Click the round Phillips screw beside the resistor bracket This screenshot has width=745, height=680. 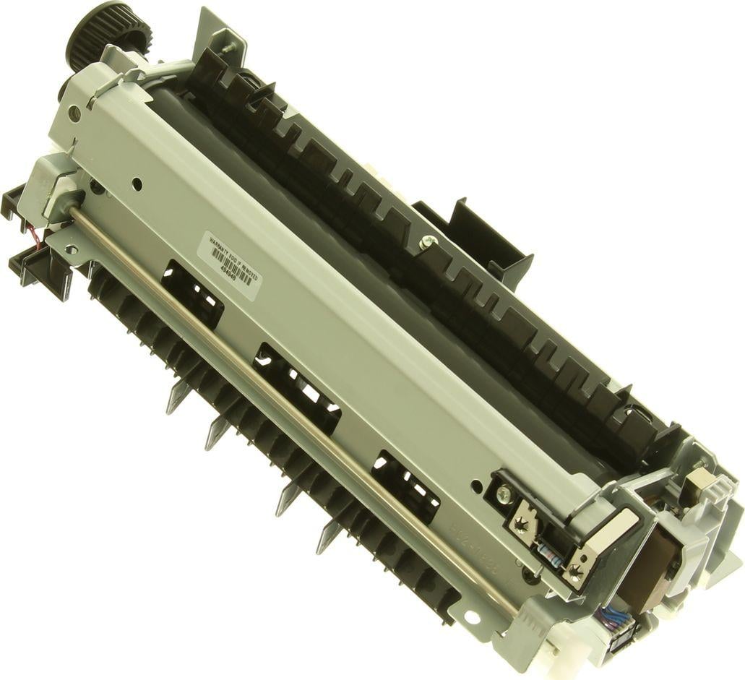coord(504,494)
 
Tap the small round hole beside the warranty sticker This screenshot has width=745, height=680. coord(137,185)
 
